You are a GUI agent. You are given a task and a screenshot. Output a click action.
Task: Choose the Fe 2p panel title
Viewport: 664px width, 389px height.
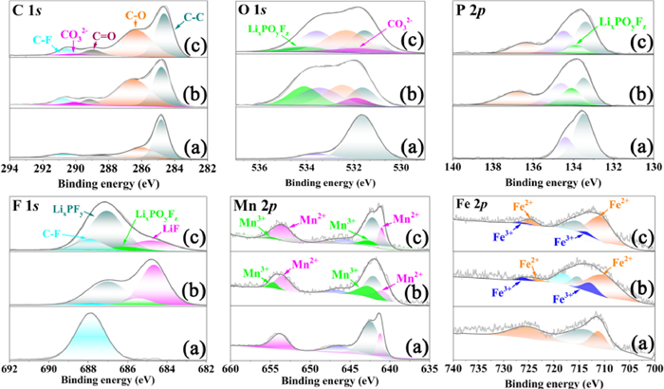click(474, 202)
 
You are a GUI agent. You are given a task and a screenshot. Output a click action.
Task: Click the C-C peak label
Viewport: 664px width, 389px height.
click(194, 16)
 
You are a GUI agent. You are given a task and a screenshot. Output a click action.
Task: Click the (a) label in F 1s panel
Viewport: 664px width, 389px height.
click(196, 344)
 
